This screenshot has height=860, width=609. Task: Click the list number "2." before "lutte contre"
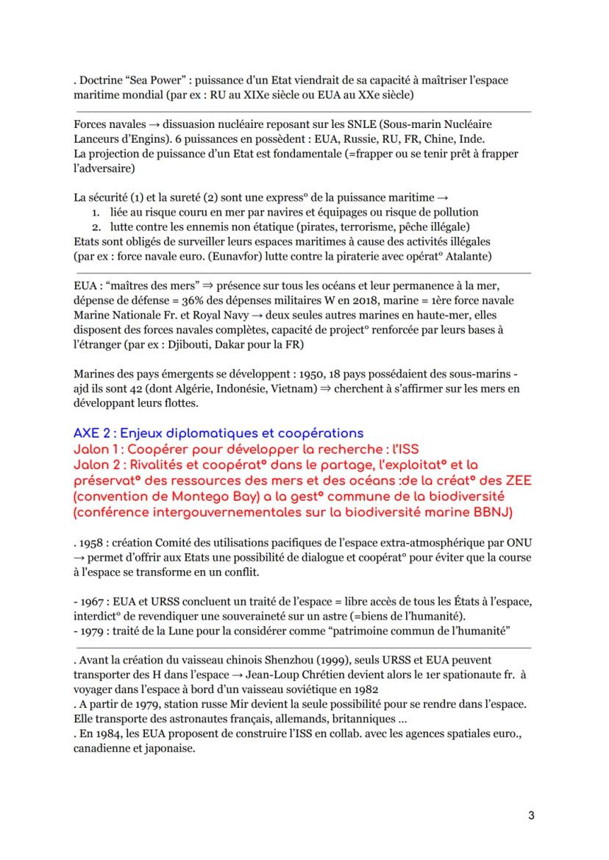(95, 226)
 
